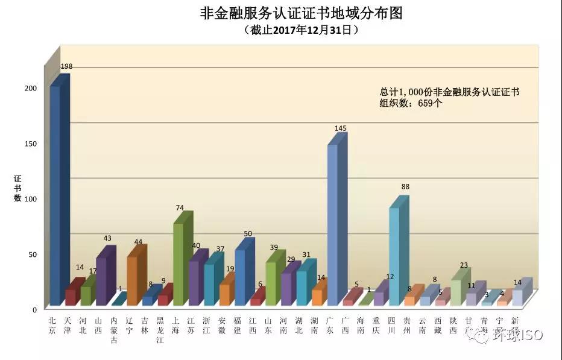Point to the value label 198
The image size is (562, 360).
click(x=66, y=66)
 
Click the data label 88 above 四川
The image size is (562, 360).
click(x=405, y=187)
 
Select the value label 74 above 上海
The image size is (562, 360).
click(x=179, y=208)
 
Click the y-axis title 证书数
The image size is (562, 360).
click(x=17, y=188)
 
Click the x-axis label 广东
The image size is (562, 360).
click(x=330, y=326)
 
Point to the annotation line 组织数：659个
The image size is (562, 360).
click(x=411, y=103)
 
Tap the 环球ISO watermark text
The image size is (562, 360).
click(x=518, y=335)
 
